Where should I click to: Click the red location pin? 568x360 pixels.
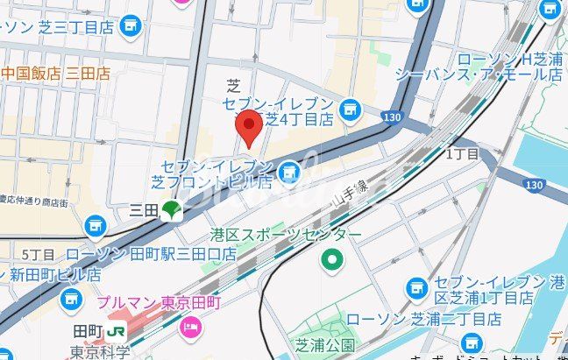point(251,128)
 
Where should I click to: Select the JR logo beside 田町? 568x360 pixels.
point(117,333)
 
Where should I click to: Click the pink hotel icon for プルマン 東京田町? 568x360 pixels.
point(189,327)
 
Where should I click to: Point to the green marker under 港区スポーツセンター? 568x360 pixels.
point(332,259)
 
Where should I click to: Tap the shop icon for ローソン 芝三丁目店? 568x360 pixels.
point(131,25)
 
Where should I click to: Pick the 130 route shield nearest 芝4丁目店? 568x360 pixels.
point(392,116)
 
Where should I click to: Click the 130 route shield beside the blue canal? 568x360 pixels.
point(534,184)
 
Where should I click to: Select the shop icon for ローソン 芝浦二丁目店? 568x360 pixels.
point(473,341)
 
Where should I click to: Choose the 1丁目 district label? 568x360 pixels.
point(463,153)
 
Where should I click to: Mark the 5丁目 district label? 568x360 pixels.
point(38,254)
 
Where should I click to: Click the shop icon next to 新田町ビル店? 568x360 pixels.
point(71,300)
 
